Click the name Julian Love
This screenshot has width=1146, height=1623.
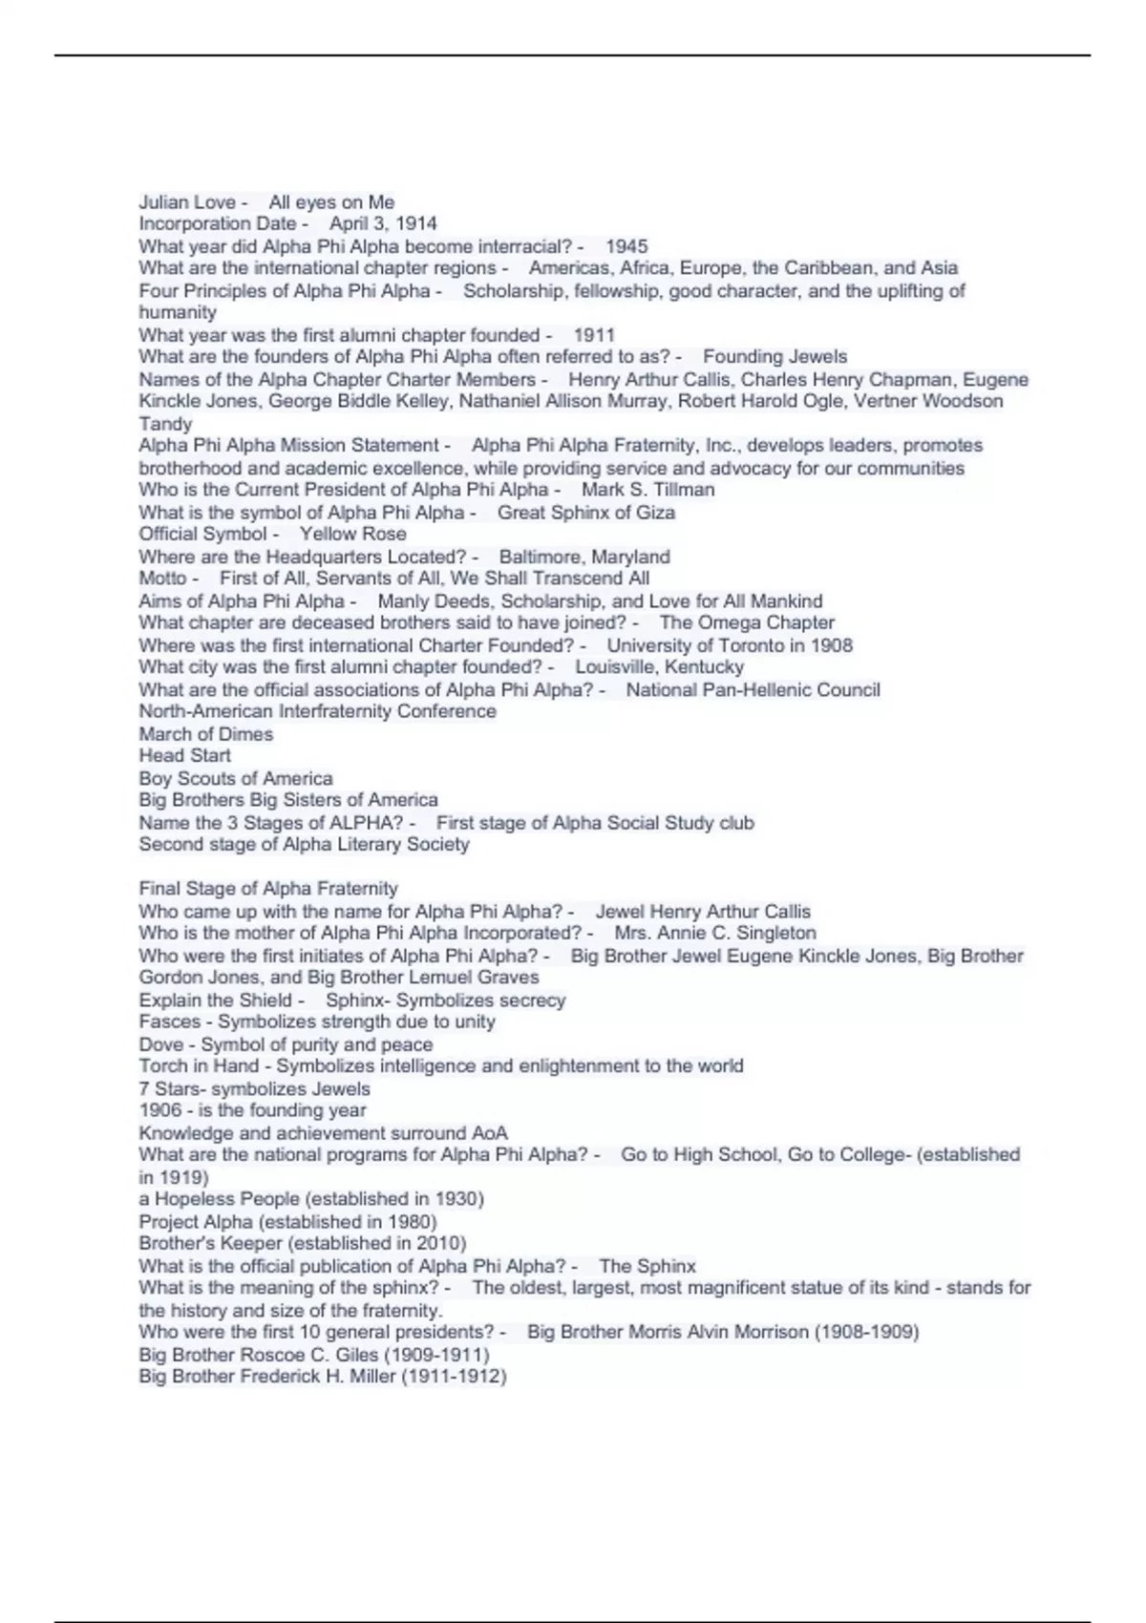(187, 202)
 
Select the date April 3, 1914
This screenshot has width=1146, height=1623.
(383, 224)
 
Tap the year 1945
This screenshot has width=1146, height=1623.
(626, 246)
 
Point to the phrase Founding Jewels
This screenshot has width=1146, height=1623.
(775, 357)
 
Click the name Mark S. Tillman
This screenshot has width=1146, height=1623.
(647, 490)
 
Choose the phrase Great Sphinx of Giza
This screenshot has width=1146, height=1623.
(585, 513)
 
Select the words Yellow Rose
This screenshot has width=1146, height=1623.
(352, 535)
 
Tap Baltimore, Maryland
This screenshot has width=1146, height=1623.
(584, 557)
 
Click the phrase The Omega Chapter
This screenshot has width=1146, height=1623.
(747, 622)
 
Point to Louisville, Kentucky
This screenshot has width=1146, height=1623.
(659, 667)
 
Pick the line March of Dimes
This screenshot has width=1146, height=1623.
(205, 734)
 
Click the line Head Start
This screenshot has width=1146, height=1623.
(184, 756)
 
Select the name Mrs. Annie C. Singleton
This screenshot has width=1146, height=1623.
(714, 934)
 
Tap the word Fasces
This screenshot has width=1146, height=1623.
(169, 1022)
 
